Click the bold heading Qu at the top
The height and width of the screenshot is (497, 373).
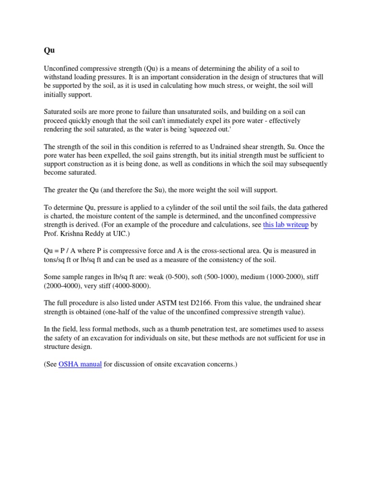pos(49,50)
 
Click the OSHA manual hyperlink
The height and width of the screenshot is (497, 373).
pos(80,364)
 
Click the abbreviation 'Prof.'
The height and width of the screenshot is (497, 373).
pos(52,233)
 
